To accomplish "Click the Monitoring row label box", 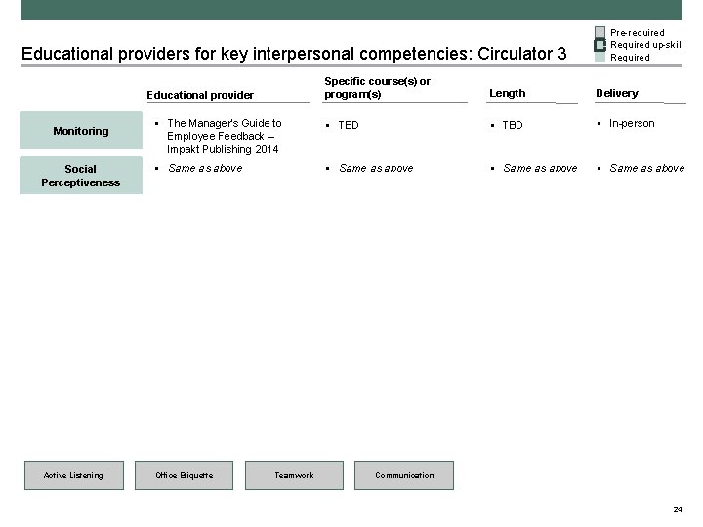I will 81,131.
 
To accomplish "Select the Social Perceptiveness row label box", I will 81,176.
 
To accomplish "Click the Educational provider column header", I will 200,95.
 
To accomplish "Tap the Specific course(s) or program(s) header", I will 377,87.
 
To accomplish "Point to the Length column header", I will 507,93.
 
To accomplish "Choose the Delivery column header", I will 617,93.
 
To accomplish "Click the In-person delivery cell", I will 632,123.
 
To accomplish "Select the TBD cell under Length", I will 513,125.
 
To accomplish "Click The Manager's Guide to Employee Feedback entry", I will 224,137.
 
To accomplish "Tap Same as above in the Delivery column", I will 646,168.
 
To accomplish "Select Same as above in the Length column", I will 540,168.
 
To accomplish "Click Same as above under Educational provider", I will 205,168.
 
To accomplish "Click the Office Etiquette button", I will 184,475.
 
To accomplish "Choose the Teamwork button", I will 294,475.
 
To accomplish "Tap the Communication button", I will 404,475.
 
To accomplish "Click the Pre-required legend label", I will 637,33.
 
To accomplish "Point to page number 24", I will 678,510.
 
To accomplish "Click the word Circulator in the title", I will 512,53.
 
